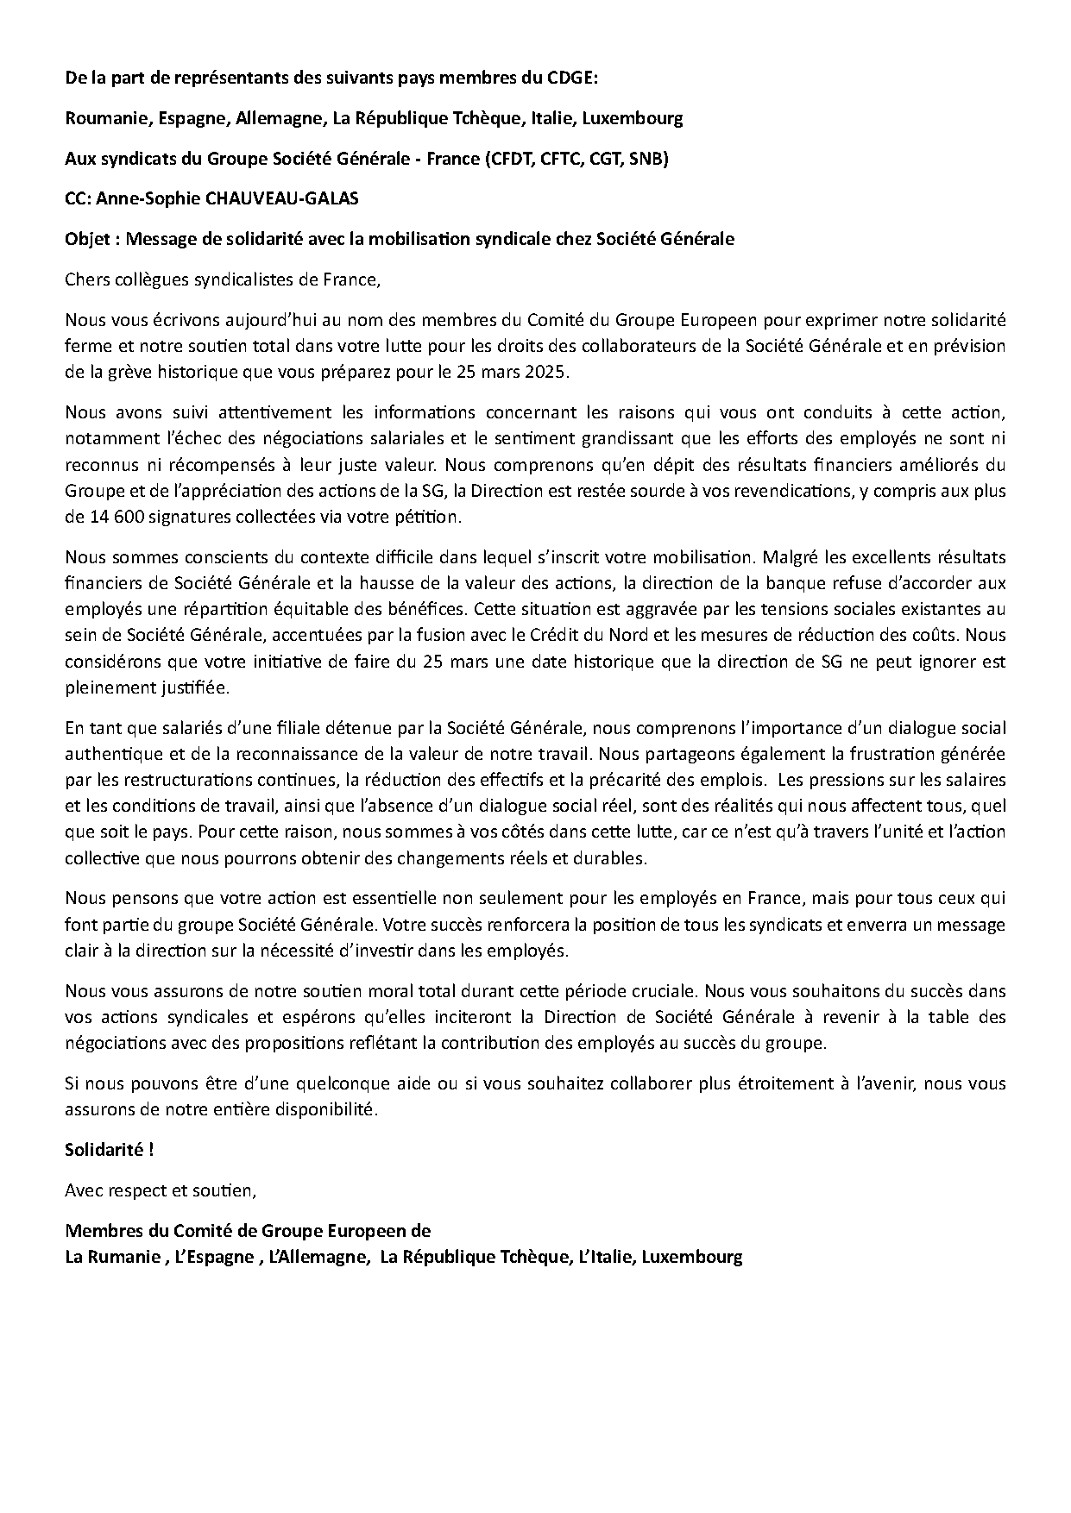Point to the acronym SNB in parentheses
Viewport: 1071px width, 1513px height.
coord(646,159)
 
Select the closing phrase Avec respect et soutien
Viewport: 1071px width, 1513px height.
coord(161,1190)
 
